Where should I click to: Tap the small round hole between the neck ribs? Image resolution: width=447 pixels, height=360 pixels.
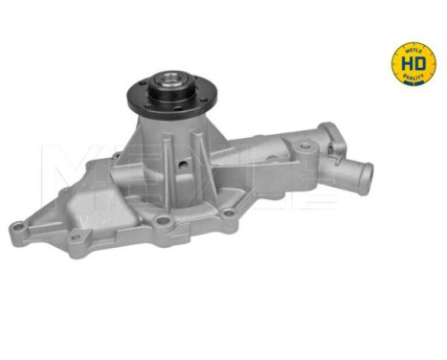tap(184, 160)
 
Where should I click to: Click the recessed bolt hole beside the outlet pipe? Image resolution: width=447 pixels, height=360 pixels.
tap(305, 149)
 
